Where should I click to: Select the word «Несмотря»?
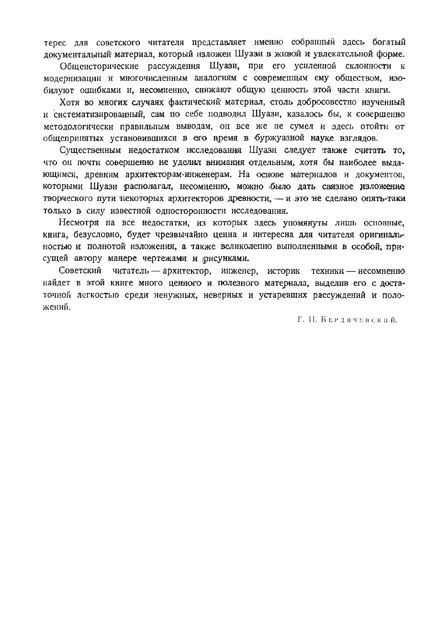78,223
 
